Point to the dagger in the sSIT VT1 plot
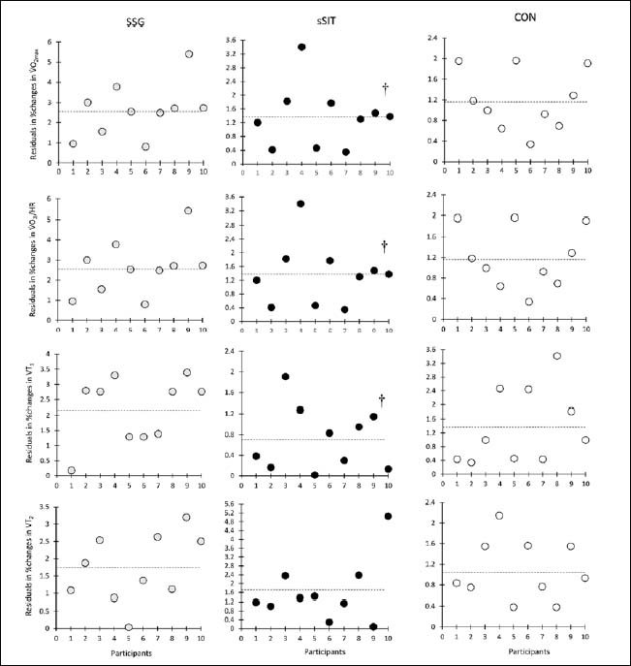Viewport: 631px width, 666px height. coord(382,399)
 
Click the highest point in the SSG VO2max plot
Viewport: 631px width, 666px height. coord(189,54)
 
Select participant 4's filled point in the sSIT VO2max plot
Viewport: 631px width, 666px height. coord(301,47)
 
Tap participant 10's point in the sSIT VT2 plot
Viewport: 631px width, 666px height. coord(389,516)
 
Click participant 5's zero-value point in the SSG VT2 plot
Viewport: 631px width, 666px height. coord(129,627)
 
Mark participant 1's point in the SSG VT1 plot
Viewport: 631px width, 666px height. coord(73,470)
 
